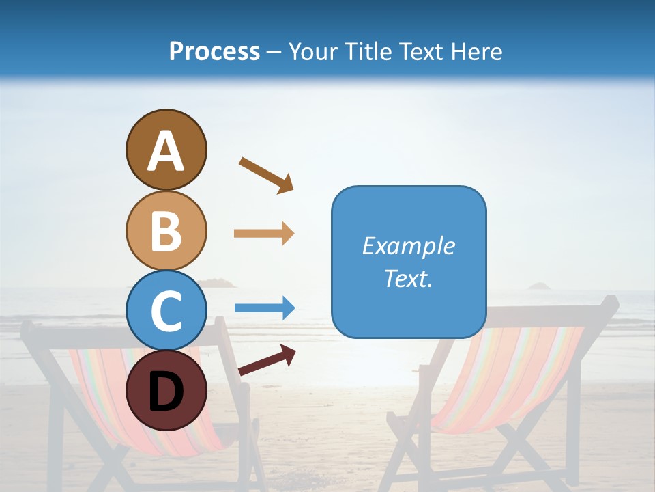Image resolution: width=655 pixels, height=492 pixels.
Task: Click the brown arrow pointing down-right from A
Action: click(266, 175)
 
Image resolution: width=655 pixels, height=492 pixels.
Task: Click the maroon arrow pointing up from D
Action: click(267, 360)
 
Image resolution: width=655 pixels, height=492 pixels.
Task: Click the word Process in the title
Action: click(214, 51)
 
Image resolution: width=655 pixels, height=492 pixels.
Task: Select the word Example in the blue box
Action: click(408, 246)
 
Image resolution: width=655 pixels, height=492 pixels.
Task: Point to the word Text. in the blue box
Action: click(408, 278)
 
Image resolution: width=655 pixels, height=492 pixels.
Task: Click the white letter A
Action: click(166, 151)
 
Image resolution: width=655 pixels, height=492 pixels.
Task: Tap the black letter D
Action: click(166, 392)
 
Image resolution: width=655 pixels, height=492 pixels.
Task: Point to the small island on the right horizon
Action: click(540, 286)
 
